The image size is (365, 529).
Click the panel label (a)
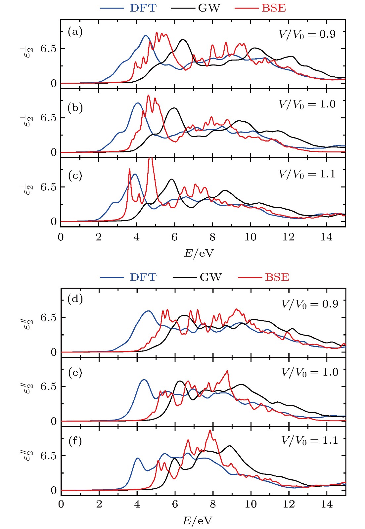(75, 32)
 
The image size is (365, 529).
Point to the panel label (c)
(75, 176)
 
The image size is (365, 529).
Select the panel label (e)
(75, 373)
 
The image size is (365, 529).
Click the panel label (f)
(75, 441)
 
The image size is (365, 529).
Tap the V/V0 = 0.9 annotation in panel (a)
(307, 34)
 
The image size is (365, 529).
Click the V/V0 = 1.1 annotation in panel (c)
(307, 174)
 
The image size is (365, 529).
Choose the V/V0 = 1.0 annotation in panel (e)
(309, 373)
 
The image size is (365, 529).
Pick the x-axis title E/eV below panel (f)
(198, 521)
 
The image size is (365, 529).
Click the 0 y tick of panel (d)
(54, 352)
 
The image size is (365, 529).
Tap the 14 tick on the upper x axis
(326, 237)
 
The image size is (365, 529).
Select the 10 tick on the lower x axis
(251, 504)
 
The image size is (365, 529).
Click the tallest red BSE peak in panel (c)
(151, 158)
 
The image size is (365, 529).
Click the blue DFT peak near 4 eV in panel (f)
(137, 458)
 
